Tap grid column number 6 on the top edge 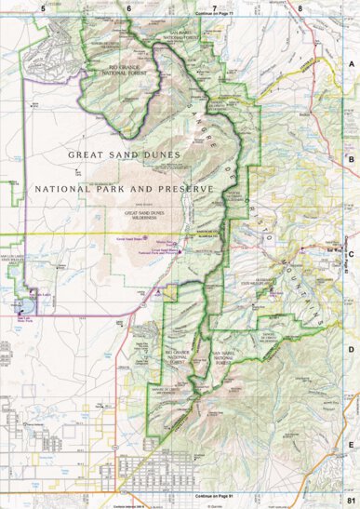coord(128,7)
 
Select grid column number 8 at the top coord(300,7)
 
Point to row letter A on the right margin coord(351,63)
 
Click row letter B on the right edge coord(351,159)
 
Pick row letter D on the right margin coord(351,349)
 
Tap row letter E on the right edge coord(351,445)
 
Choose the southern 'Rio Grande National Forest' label coord(175,356)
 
